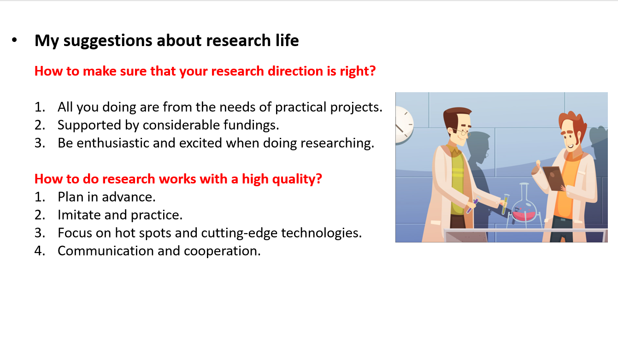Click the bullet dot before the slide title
[14, 40]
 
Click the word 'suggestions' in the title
[107, 41]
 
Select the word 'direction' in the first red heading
[295, 71]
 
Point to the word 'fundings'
[251, 125]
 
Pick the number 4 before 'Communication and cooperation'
[40, 251]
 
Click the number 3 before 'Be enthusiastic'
[40, 143]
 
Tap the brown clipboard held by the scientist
[553, 178]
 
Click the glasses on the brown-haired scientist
[461, 133]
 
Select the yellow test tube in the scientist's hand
[505, 204]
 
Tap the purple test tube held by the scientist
[473, 206]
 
